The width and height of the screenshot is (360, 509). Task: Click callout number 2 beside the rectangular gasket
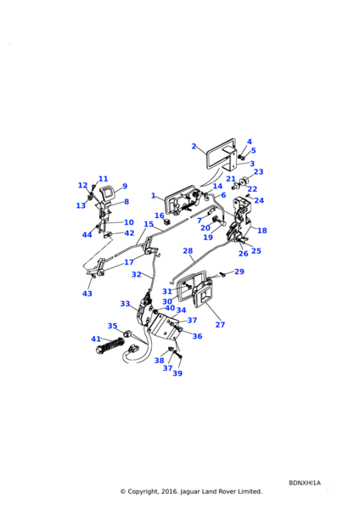pos(194,147)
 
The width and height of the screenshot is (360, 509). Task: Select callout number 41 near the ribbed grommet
pos(96,339)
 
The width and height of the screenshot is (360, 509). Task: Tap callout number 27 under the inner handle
pos(220,325)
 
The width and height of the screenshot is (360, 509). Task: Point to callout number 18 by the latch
pos(262,231)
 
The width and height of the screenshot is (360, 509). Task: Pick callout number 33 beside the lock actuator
pos(125,304)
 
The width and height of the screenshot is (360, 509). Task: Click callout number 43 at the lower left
pos(87,294)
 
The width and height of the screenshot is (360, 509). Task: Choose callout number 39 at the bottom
pos(177,373)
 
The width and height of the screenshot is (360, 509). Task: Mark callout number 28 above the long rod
pos(188,250)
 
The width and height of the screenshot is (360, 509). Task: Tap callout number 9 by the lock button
pos(125,187)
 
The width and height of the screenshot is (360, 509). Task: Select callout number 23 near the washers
pos(258,171)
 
